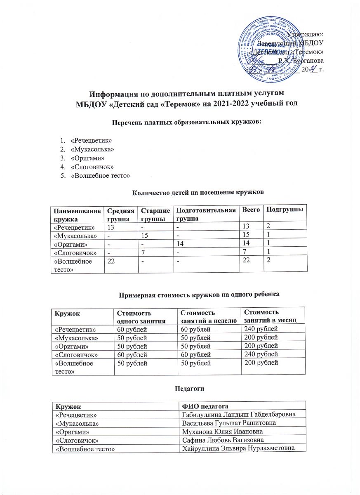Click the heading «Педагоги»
179,389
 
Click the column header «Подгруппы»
285,210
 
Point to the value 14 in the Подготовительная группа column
181,243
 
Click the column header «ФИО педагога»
206,405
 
